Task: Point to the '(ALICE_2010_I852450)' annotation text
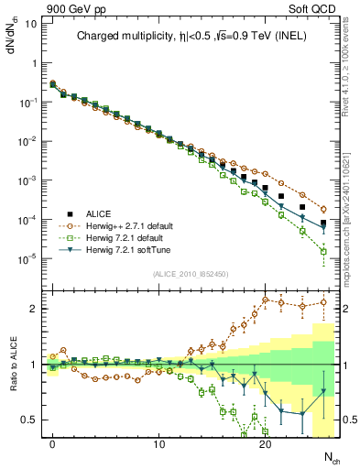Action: pos(190,272)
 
